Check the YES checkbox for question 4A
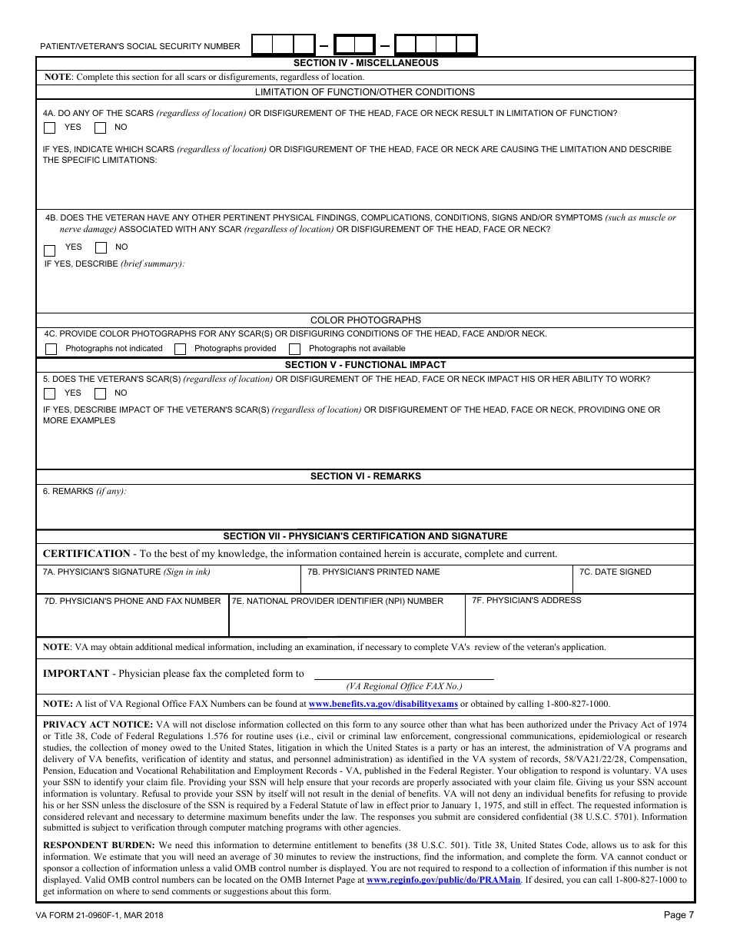50,128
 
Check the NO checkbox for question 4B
101,248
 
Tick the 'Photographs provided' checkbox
180,349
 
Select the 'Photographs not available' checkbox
294,349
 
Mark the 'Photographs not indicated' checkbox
51,349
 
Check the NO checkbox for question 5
100,393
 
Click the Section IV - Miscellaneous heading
366,63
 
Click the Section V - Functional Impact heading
366,365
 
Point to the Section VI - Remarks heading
366,476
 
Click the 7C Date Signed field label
615,572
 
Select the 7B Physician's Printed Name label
373,572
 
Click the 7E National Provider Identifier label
338,601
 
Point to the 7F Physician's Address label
526,600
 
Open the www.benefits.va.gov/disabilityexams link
383,704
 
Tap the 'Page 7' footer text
679,915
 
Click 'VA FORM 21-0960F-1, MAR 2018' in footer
99,915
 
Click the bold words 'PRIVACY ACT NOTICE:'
98,724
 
